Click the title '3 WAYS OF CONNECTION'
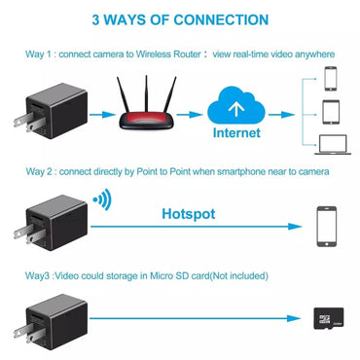tap(180, 18)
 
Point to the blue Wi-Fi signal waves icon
tap(100, 201)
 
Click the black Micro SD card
tap(325, 317)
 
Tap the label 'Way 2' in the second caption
tap(38, 170)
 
